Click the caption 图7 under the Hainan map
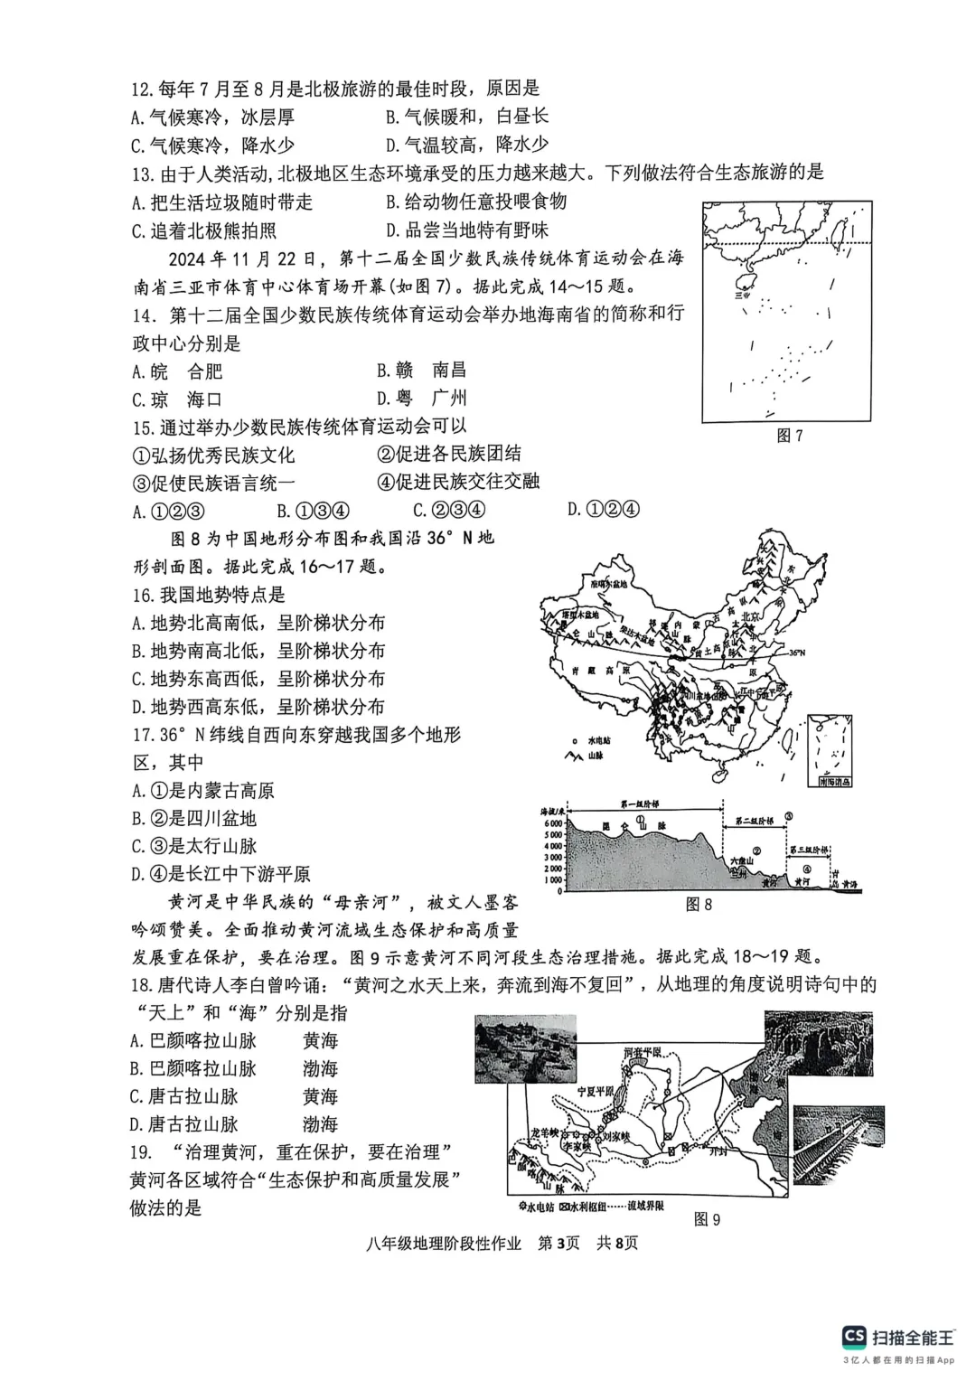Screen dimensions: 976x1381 coord(789,436)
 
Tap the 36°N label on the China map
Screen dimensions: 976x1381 coord(795,653)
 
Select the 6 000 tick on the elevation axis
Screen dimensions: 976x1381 coord(553,824)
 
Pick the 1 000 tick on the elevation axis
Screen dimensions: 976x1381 coord(553,880)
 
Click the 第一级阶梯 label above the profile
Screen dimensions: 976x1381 coord(640,803)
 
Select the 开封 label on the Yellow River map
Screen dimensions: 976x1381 coord(718,1151)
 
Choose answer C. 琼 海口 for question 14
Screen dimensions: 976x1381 coord(177,399)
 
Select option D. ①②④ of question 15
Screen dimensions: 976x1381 coord(603,510)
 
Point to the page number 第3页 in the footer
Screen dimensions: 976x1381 coord(558,1243)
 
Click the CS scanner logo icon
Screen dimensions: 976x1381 coord(854,1337)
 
